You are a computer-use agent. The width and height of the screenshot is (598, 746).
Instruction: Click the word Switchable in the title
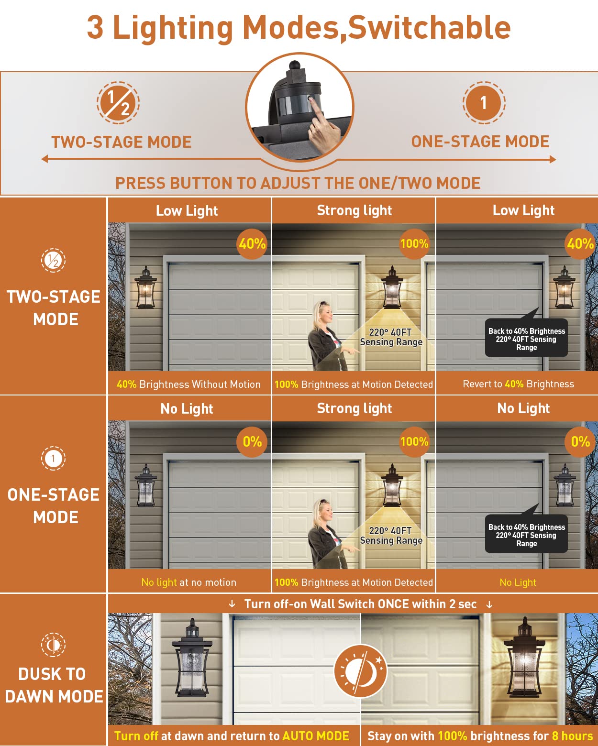coord(429,27)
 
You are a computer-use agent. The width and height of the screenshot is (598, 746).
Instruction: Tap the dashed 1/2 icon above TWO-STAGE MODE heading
coord(118,103)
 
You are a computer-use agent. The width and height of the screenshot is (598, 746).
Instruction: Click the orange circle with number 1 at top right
coord(484,103)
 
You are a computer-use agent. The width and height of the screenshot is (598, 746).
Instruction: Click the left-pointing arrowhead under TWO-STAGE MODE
coord(45,159)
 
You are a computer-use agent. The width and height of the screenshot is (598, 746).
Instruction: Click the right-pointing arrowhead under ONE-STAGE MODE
coord(553,159)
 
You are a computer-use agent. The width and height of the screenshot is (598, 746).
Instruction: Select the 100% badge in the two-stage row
coord(414,244)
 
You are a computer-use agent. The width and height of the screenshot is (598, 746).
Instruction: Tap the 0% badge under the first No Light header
coord(252,442)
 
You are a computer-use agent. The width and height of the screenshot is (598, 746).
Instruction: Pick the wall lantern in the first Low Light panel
coord(146,287)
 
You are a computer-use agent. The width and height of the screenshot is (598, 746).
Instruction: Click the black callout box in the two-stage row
coord(526,338)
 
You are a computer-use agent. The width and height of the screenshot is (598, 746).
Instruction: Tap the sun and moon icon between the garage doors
coord(361,671)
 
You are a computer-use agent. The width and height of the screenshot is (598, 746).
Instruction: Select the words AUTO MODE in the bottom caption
coord(316,735)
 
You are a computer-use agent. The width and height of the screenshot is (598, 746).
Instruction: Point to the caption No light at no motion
coord(188,582)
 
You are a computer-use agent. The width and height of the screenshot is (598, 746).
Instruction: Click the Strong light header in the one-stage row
coord(354,408)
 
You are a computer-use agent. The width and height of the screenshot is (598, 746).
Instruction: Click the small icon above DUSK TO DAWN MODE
coord(53,645)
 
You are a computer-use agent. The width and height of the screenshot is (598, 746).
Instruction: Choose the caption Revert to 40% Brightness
coord(518,384)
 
